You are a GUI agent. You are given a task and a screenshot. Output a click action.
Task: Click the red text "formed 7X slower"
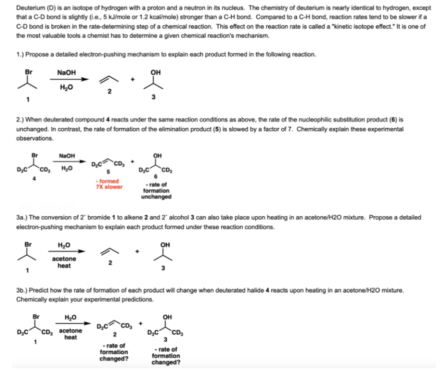(109, 184)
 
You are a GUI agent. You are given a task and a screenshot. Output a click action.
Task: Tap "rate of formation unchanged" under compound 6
(156, 190)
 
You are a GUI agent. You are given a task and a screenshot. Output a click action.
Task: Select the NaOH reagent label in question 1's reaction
(66, 72)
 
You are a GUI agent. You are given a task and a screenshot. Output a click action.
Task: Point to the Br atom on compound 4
(35, 155)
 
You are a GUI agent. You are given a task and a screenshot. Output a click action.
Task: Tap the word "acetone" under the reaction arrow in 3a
(64, 258)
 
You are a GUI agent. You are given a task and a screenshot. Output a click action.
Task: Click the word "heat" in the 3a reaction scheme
(64, 266)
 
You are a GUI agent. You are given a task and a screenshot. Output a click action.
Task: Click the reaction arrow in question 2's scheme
(69, 161)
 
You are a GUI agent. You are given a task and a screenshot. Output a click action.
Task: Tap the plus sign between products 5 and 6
(132, 161)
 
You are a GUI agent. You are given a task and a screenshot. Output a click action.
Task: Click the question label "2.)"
(20, 120)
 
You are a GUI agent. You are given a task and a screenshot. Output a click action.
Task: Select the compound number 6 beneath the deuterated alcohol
(156, 177)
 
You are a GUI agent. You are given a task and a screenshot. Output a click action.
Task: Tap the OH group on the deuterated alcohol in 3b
(167, 317)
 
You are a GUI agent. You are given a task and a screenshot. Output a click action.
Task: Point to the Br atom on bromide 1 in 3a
(28, 244)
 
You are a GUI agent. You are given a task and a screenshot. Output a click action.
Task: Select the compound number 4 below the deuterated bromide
(34, 178)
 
